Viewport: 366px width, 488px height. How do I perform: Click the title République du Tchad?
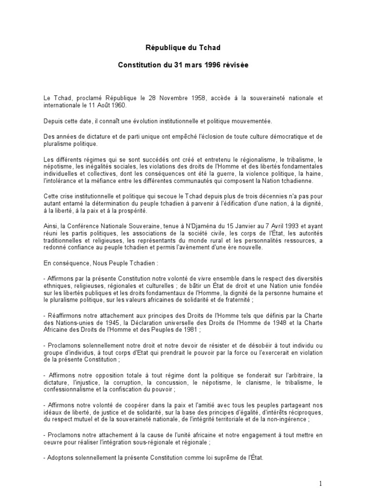tap(183, 48)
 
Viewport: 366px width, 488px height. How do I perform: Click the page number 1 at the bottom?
tap(320, 483)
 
